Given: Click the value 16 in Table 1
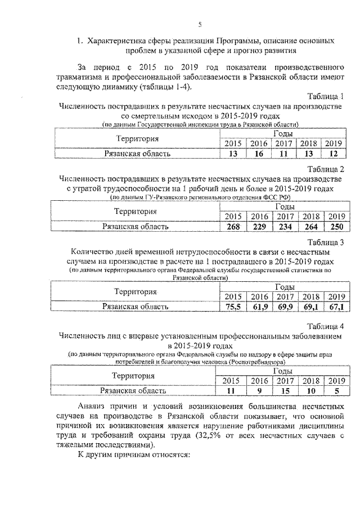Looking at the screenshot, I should point(258,153).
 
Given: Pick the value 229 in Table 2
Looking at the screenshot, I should point(259,227).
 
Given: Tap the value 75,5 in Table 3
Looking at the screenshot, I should point(233,307).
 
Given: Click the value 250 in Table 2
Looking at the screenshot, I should point(336,227).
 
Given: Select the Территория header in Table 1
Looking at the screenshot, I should point(137,138).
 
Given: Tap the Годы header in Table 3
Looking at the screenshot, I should point(283,287).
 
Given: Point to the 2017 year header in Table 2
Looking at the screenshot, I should point(285,217).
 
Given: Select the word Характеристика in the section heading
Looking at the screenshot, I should point(121,41).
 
